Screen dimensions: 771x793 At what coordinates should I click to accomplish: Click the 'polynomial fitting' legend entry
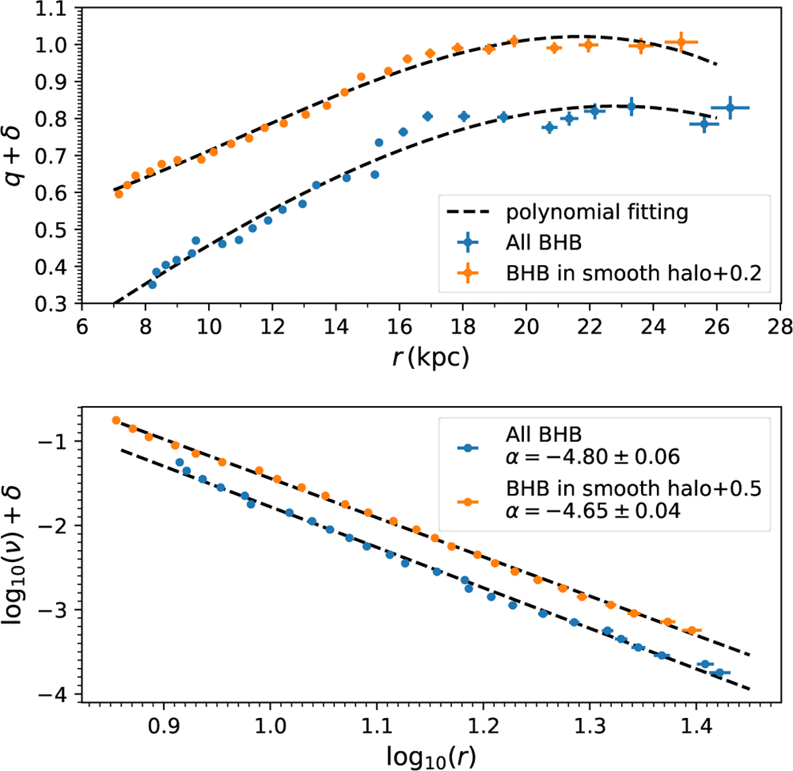coord(597,212)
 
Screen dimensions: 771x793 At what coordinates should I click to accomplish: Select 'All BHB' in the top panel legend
coord(543,243)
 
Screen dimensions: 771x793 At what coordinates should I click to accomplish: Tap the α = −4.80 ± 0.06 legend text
coord(593,456)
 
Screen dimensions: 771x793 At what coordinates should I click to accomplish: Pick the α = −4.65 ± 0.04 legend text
coord(593,510)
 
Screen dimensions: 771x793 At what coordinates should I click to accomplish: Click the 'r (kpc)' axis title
coord(430,357)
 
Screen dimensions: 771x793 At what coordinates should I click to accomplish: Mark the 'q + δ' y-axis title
coord(15,156)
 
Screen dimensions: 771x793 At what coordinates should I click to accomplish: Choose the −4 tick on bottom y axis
coord(60,694)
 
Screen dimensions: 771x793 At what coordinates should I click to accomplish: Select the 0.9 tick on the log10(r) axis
coord(163,726)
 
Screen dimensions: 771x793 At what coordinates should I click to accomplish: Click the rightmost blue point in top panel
coord(730,108)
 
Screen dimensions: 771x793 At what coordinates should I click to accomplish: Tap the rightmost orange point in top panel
coord(681,42)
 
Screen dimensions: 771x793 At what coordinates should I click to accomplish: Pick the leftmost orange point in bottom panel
coord(116,420)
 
